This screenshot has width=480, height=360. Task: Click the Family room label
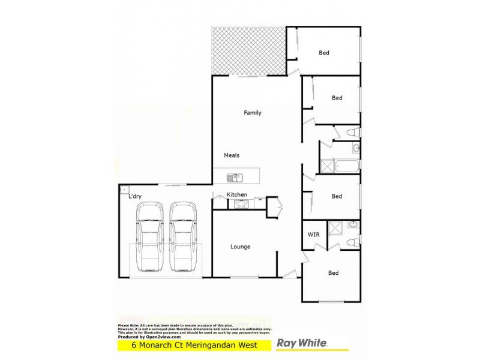click(x=252, y=113)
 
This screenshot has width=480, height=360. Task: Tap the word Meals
click(x=232, y=155)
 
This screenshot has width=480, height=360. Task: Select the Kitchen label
click(x=237, y=195)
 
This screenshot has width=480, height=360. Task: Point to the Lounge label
click(x=241, y=247)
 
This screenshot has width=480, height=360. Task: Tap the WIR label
click(x=313, y=235)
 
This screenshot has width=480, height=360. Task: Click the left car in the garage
click(x=149, y=237)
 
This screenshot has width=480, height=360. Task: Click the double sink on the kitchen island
click(x=233, y=177)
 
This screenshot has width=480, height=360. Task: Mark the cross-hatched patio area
click(x=248, y=52)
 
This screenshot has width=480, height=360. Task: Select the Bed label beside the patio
click(x=324, y=53)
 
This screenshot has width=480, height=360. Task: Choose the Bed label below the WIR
click(x=333, y=273)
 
